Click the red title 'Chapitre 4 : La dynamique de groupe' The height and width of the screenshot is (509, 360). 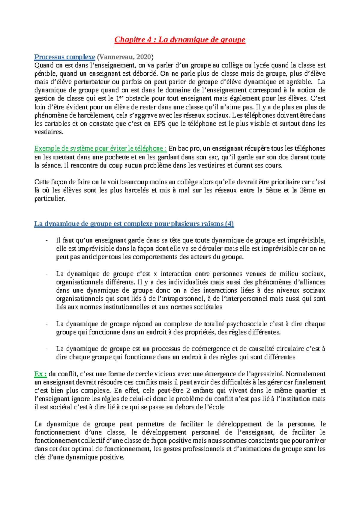pyautogui.click(x=180, y=40)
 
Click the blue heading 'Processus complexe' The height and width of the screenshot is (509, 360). pyautogui.click(x=64, y=57)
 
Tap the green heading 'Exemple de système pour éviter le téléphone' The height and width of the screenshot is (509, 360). pyautogui.click(x=100, y=149)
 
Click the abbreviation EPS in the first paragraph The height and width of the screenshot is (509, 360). pyautogui.click(x=159, y=124)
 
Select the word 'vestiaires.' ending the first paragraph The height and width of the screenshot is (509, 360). pyautogui.click(x=49, y=132)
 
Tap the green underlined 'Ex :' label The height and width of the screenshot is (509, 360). pyautogui.click(x=40, y=374)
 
